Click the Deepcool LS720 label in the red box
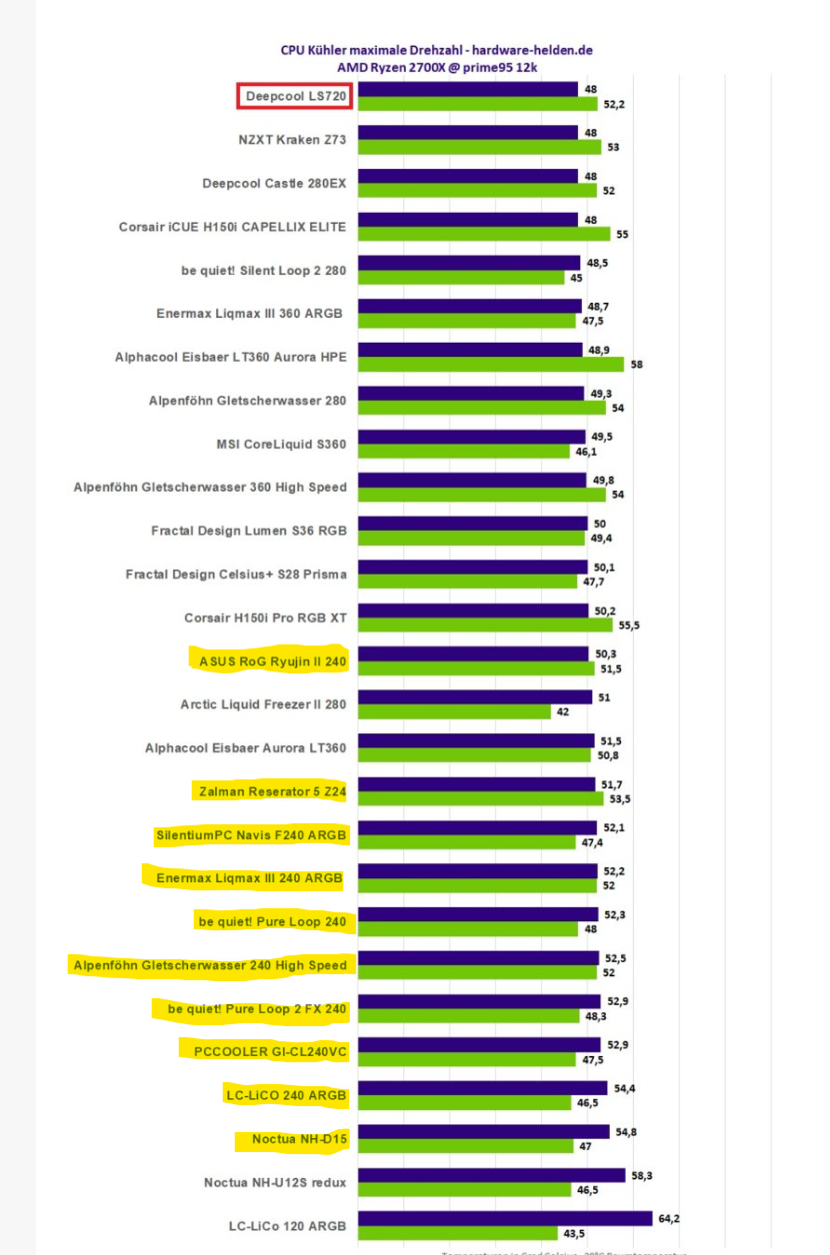click(x=297, y=97)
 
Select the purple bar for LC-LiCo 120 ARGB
click(x=505, y=1218)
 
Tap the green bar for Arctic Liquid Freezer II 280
click(x=454, y=712)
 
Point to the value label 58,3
click(x=642, y=1175)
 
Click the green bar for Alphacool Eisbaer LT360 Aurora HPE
click(x=490, y=365)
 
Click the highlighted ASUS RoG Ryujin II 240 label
click(x=272, y=660)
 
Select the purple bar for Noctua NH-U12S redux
click(x=491, y=1175)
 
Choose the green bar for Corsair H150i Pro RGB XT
click(x=485, y=626)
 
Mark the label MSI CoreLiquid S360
click(x=281, y=444)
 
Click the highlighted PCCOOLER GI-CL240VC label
click(x=264, y=1051)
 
